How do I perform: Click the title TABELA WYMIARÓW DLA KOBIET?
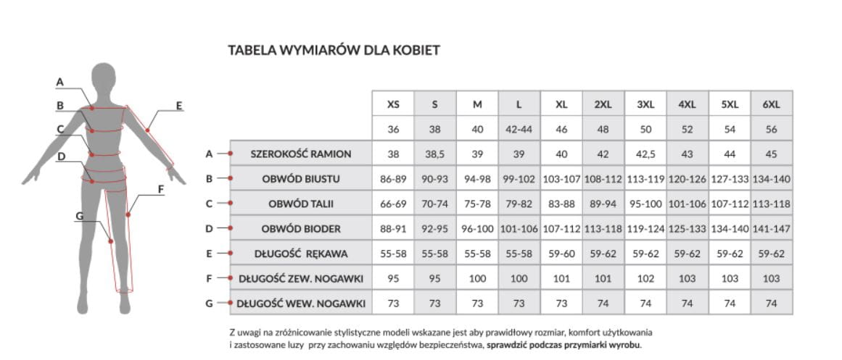[x=334, y=51]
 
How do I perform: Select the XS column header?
[x=393, y=104]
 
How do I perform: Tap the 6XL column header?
[x=771, y=104]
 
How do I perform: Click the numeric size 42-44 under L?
[x=519, y=130]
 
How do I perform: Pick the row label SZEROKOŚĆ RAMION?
[x=301, y=154]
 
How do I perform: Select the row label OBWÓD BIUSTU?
[x=301, y=179]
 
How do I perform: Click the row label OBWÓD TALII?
[x=301, y=204]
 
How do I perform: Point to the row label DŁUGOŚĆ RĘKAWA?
[x=301, y=254]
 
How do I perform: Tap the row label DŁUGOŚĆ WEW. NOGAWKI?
[x=301, y=304]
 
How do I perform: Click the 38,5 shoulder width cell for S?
[x=434, y=154]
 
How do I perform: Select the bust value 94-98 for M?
[x=476, y=179]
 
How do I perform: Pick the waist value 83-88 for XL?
[x=561, y=204]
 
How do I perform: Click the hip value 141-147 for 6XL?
[x=771, y=229]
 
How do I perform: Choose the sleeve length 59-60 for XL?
[x=561, y=254]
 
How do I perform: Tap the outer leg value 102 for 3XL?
[x=645, y=279]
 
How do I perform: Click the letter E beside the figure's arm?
[x=179, y=106]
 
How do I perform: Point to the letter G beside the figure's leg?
[x=79, y=216]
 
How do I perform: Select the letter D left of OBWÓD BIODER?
[x=209, y=229]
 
